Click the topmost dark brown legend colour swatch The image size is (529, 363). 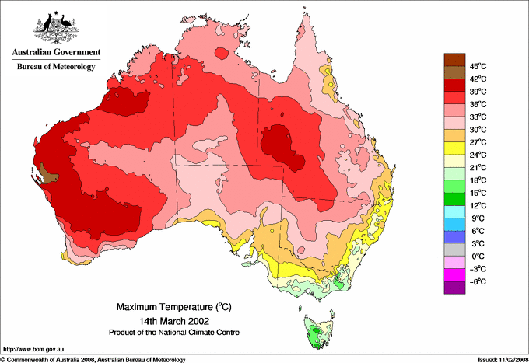453,59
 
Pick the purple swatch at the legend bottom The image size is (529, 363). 453,288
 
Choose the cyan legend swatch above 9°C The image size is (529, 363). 453,211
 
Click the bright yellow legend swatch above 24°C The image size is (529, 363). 453,148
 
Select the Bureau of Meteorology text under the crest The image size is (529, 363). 55,67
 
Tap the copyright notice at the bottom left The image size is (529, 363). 93,359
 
